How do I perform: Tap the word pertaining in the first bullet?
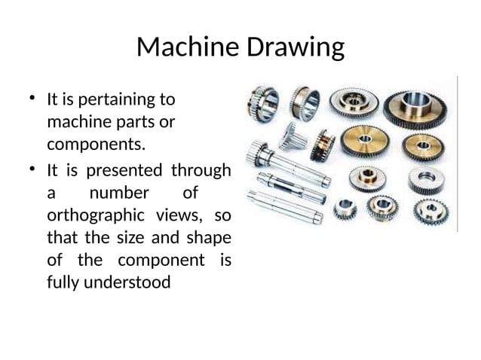pos(120,99)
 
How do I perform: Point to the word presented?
pos(123,170)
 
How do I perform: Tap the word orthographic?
pos(96,215)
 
